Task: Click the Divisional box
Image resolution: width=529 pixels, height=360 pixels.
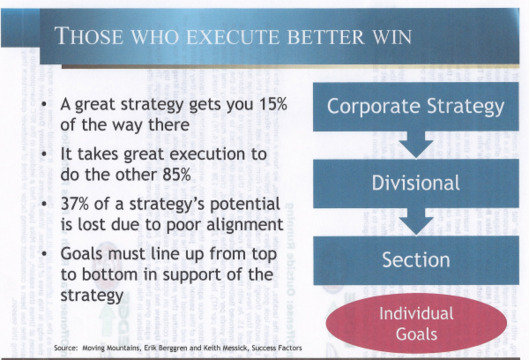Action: tap(415, 184)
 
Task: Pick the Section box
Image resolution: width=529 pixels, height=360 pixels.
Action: tap(415, 260)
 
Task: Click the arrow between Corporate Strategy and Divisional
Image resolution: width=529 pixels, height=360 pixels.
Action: tap(414, 146)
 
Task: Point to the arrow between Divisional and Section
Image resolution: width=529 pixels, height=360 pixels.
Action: tap(414, 222)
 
